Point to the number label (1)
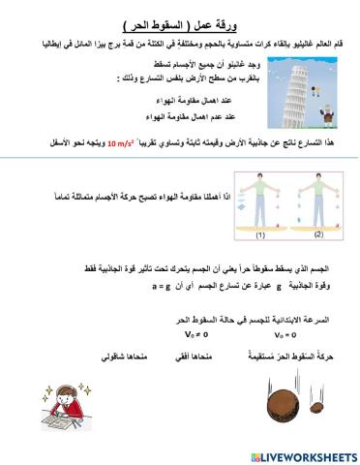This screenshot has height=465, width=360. tap(259, 234)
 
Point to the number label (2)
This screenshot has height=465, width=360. tap(319, 233)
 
